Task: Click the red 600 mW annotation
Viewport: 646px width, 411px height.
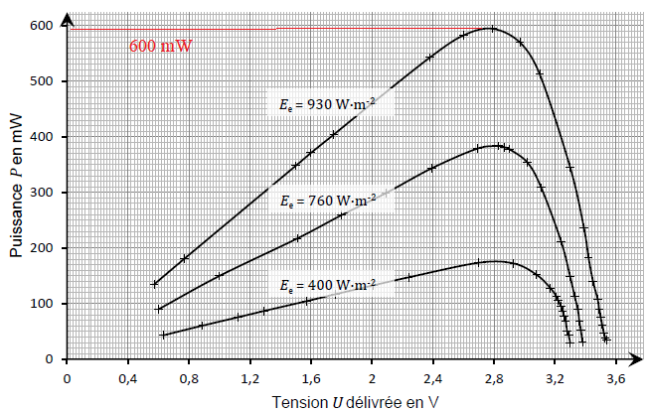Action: coord(161,46)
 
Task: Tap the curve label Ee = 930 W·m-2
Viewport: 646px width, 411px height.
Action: coord(328,104)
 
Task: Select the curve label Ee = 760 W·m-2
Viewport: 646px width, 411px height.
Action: coord(328,201)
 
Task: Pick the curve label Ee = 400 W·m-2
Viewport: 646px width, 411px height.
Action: coord(328,285)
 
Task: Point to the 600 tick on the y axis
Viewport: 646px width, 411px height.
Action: coord(41,26)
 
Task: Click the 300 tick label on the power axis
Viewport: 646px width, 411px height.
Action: coord(41,193)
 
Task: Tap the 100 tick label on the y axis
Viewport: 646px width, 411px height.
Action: coord(41,304)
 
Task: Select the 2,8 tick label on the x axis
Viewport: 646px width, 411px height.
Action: coord(494,379)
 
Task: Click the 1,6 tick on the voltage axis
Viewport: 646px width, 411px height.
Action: coord(311,379)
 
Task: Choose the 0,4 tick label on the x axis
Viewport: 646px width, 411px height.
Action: coord(128,379)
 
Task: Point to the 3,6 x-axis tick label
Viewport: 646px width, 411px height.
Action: coord(616,379)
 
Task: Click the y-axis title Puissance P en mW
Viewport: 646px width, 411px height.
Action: coord(16,185)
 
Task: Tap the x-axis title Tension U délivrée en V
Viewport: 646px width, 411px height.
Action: coord(355,402)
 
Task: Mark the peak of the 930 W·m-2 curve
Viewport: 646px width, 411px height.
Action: coord(492,29)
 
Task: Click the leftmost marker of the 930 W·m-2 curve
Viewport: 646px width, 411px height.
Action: coord(154,284)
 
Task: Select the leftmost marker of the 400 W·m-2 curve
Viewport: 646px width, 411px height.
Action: coord(163,335)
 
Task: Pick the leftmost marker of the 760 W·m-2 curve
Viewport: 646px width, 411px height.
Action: coord(158,310)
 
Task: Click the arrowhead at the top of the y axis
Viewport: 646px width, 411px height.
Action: coord(67,19)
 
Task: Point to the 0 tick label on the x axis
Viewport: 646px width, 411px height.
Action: coord(67,379)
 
